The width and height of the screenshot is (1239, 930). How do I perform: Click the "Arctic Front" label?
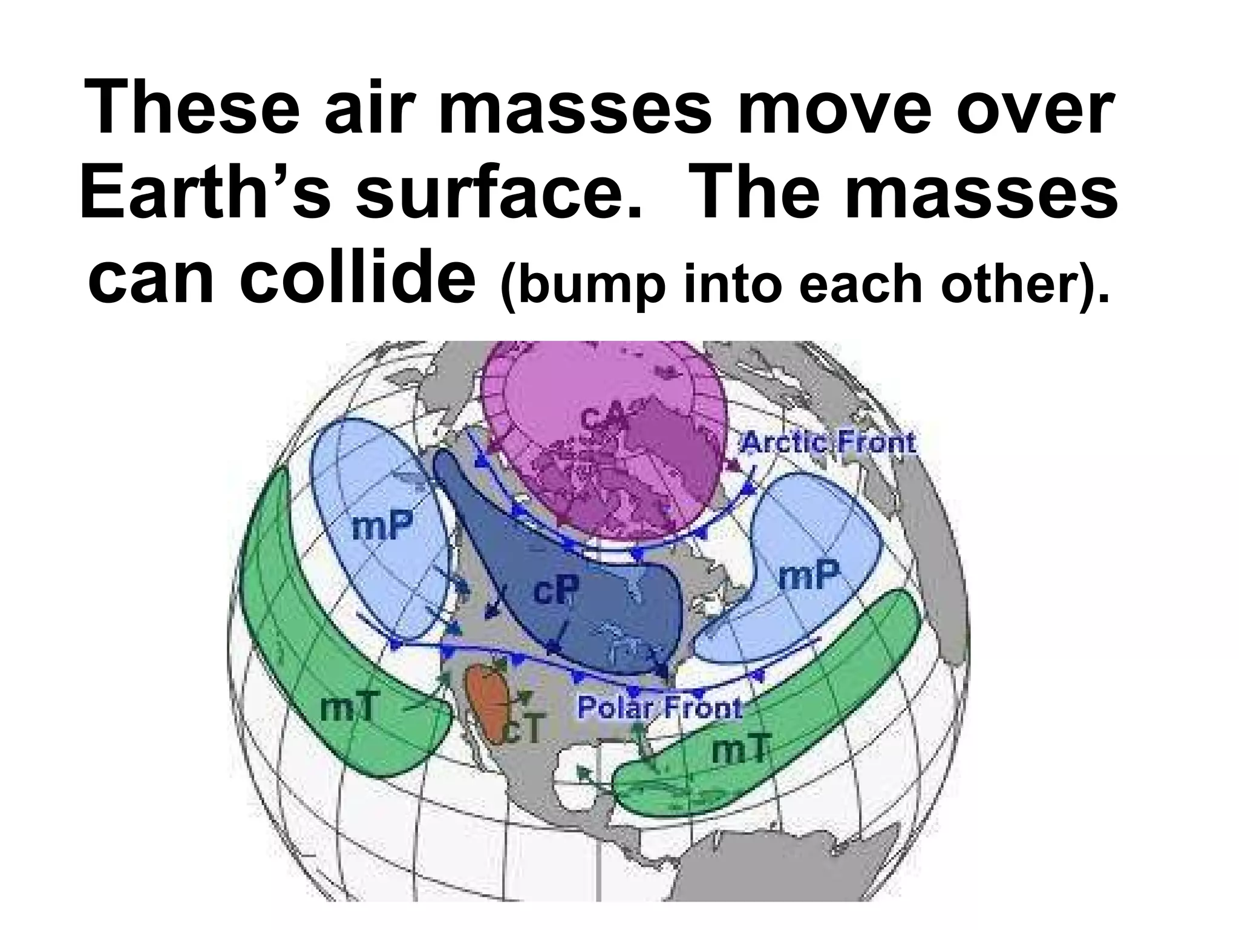click(828, 442)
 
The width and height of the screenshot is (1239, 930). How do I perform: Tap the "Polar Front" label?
click(659, 707)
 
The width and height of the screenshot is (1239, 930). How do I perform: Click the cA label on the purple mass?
click(603, 418)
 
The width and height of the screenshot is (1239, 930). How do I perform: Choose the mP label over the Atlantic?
click(809, 574)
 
